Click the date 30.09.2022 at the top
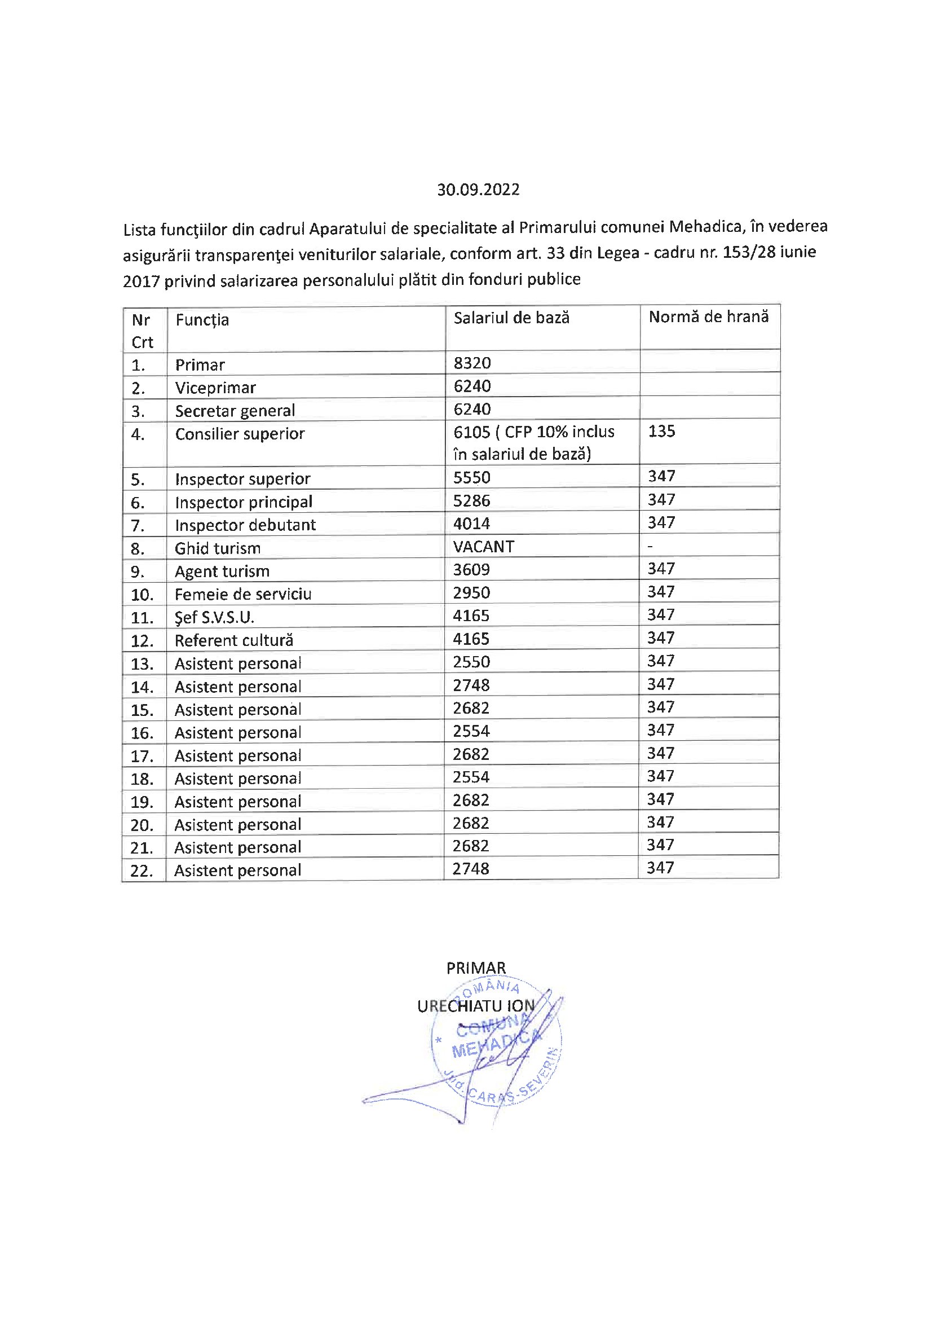[478, 190]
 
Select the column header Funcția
[202, 320]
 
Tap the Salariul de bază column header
[511, 318]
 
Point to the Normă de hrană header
[708, 316]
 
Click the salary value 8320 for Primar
[472, 363]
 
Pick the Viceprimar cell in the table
[215, 388]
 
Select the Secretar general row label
[235, 411]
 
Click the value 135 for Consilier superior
[661, 431]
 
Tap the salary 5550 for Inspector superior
[471, 477]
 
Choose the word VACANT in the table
[484, 546]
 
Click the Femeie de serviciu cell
[243, 594]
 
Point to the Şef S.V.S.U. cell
[214, 617]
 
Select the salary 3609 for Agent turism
[471, 569]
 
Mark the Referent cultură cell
[234, 640]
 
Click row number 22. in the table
[142, 871]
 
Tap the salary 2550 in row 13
[471, 662]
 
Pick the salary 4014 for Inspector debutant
[471, 524]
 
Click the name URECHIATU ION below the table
[475, 1006]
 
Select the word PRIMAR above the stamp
[476, 968]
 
